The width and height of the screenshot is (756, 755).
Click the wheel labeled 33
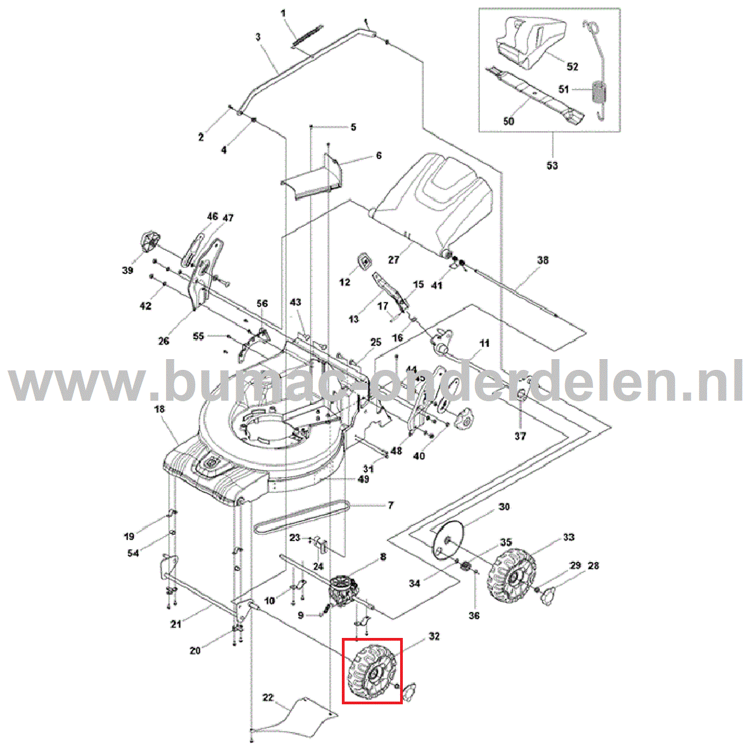(x=512, y=576)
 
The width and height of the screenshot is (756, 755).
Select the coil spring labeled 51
(x=599, y=93)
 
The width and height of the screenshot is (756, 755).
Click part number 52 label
(x=572, y=66)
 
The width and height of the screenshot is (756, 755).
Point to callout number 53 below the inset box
(x=552, y=165)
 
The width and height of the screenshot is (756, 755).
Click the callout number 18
(x=159, y=409)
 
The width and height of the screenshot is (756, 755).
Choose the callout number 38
(x=542, y=260)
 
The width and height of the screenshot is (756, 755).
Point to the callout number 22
(x=268, y=697)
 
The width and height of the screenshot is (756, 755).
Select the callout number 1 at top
(x=284, y=13)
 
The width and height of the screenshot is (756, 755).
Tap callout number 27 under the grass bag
(x=394, y=259)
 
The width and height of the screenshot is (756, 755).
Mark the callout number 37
(x=520, y=436)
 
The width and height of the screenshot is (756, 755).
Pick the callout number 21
(x=176, y=624)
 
